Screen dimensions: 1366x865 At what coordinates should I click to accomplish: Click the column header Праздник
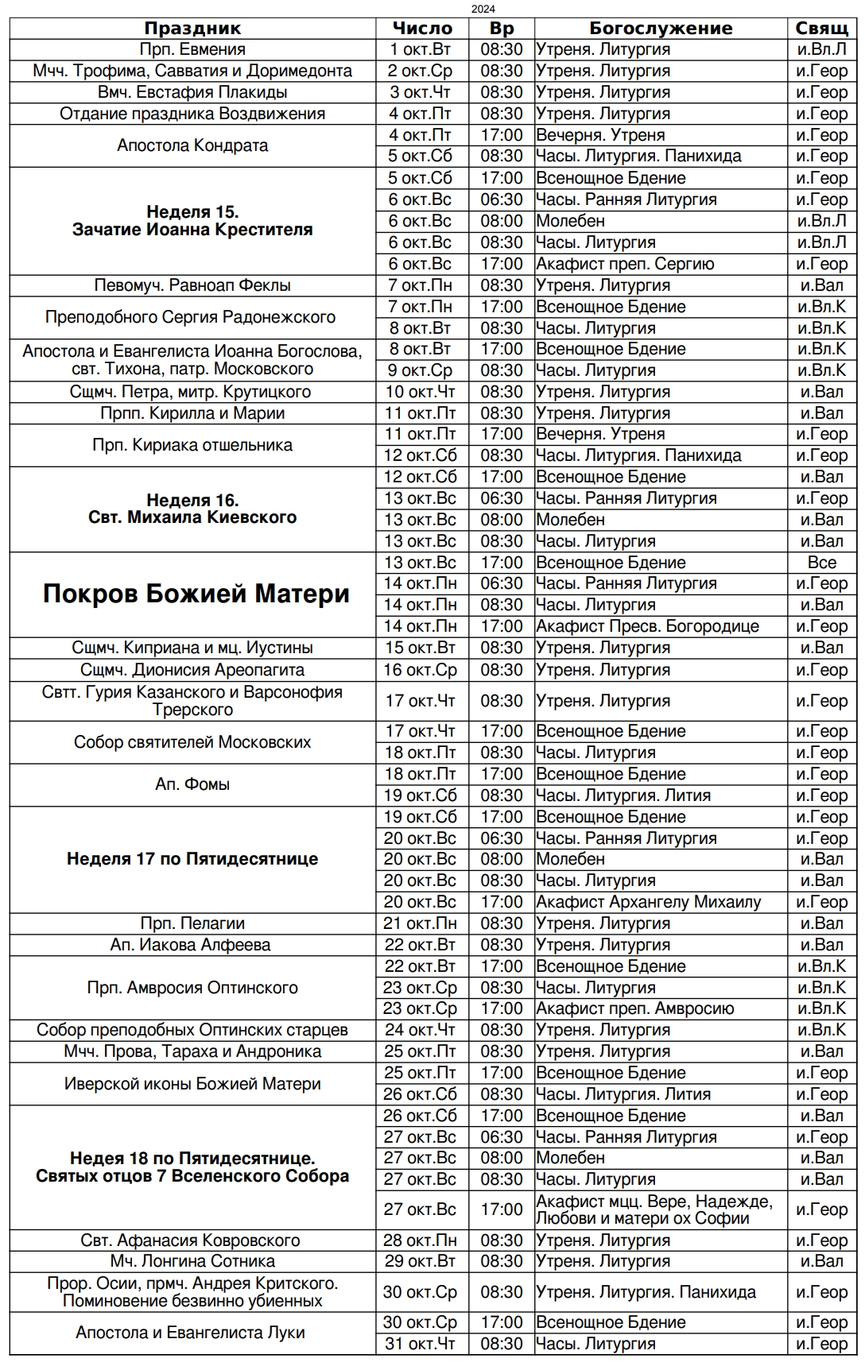(192, 29)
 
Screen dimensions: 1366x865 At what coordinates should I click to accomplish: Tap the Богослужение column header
(661, 29)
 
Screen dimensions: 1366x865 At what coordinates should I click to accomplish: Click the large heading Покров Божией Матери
(196, 594)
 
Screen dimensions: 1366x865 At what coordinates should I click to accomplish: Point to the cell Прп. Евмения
(192, 49)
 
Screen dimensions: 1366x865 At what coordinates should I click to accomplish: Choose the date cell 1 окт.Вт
(421, 49)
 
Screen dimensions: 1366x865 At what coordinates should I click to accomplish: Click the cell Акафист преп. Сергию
(625, 264)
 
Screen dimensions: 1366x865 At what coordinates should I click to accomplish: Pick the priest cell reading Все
(821, 563)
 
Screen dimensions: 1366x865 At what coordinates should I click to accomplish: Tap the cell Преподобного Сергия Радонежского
(190, 317)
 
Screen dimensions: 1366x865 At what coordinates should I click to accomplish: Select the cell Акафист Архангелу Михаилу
(648, 902)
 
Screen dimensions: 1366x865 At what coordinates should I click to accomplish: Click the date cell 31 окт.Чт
(421, 1344)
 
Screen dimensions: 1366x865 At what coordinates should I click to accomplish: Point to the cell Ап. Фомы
(192, 784)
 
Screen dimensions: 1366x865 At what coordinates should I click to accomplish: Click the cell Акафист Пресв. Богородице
(647, 626)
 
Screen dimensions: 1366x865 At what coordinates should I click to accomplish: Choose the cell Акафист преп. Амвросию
(634, 1008)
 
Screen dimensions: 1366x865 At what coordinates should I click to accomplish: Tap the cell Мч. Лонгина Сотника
(192, 1261)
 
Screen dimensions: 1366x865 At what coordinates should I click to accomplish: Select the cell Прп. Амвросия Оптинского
(192, 988)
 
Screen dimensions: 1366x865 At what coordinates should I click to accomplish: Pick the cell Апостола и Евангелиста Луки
(190, 1333)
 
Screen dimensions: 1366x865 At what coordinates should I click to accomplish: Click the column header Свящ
(821, 29)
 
